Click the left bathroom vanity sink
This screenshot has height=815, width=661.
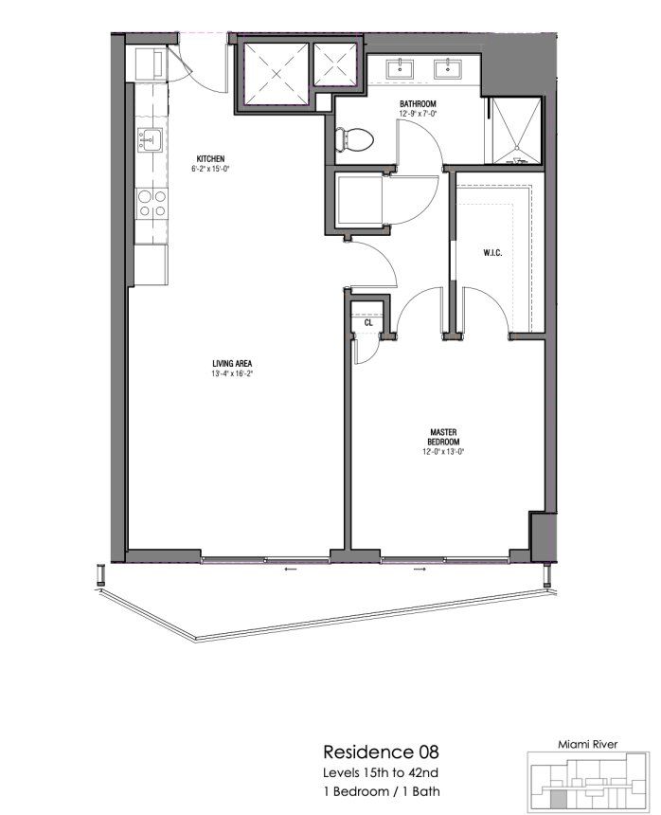point(402,68)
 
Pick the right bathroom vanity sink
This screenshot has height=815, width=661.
point(444,68)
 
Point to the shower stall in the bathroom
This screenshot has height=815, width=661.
point(514,133)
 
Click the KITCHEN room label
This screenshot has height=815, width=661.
point(210,158)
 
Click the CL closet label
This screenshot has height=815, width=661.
point(367,323)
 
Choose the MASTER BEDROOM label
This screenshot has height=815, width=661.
point(443,437)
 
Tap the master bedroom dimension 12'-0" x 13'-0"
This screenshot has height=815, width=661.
point(443,452)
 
